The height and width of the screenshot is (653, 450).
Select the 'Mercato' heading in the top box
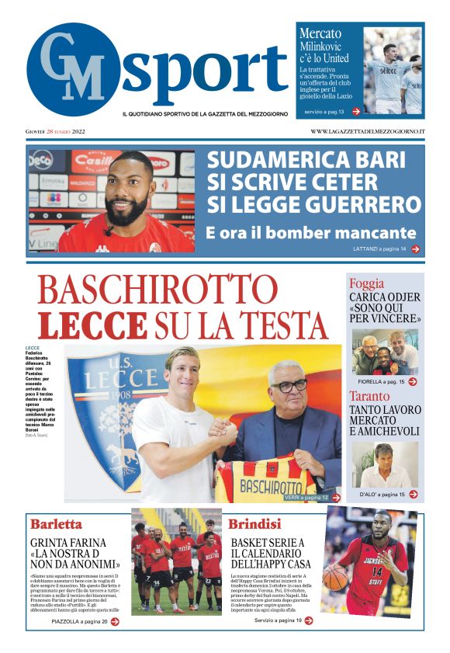point(320,33)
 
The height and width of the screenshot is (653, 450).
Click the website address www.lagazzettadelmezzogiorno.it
point(367,132)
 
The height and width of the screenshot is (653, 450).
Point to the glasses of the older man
point(288,386)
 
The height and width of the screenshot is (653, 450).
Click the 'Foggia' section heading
point(366,283)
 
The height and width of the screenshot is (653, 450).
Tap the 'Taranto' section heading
point(370,395)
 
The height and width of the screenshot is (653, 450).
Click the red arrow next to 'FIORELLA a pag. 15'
point(413,382)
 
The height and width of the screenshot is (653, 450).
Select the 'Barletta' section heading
point(56,523)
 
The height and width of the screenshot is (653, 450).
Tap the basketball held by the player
point(336,576)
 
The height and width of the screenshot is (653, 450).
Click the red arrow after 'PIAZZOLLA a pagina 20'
point(114,622)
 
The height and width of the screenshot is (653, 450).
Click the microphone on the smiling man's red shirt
point(109,231)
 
